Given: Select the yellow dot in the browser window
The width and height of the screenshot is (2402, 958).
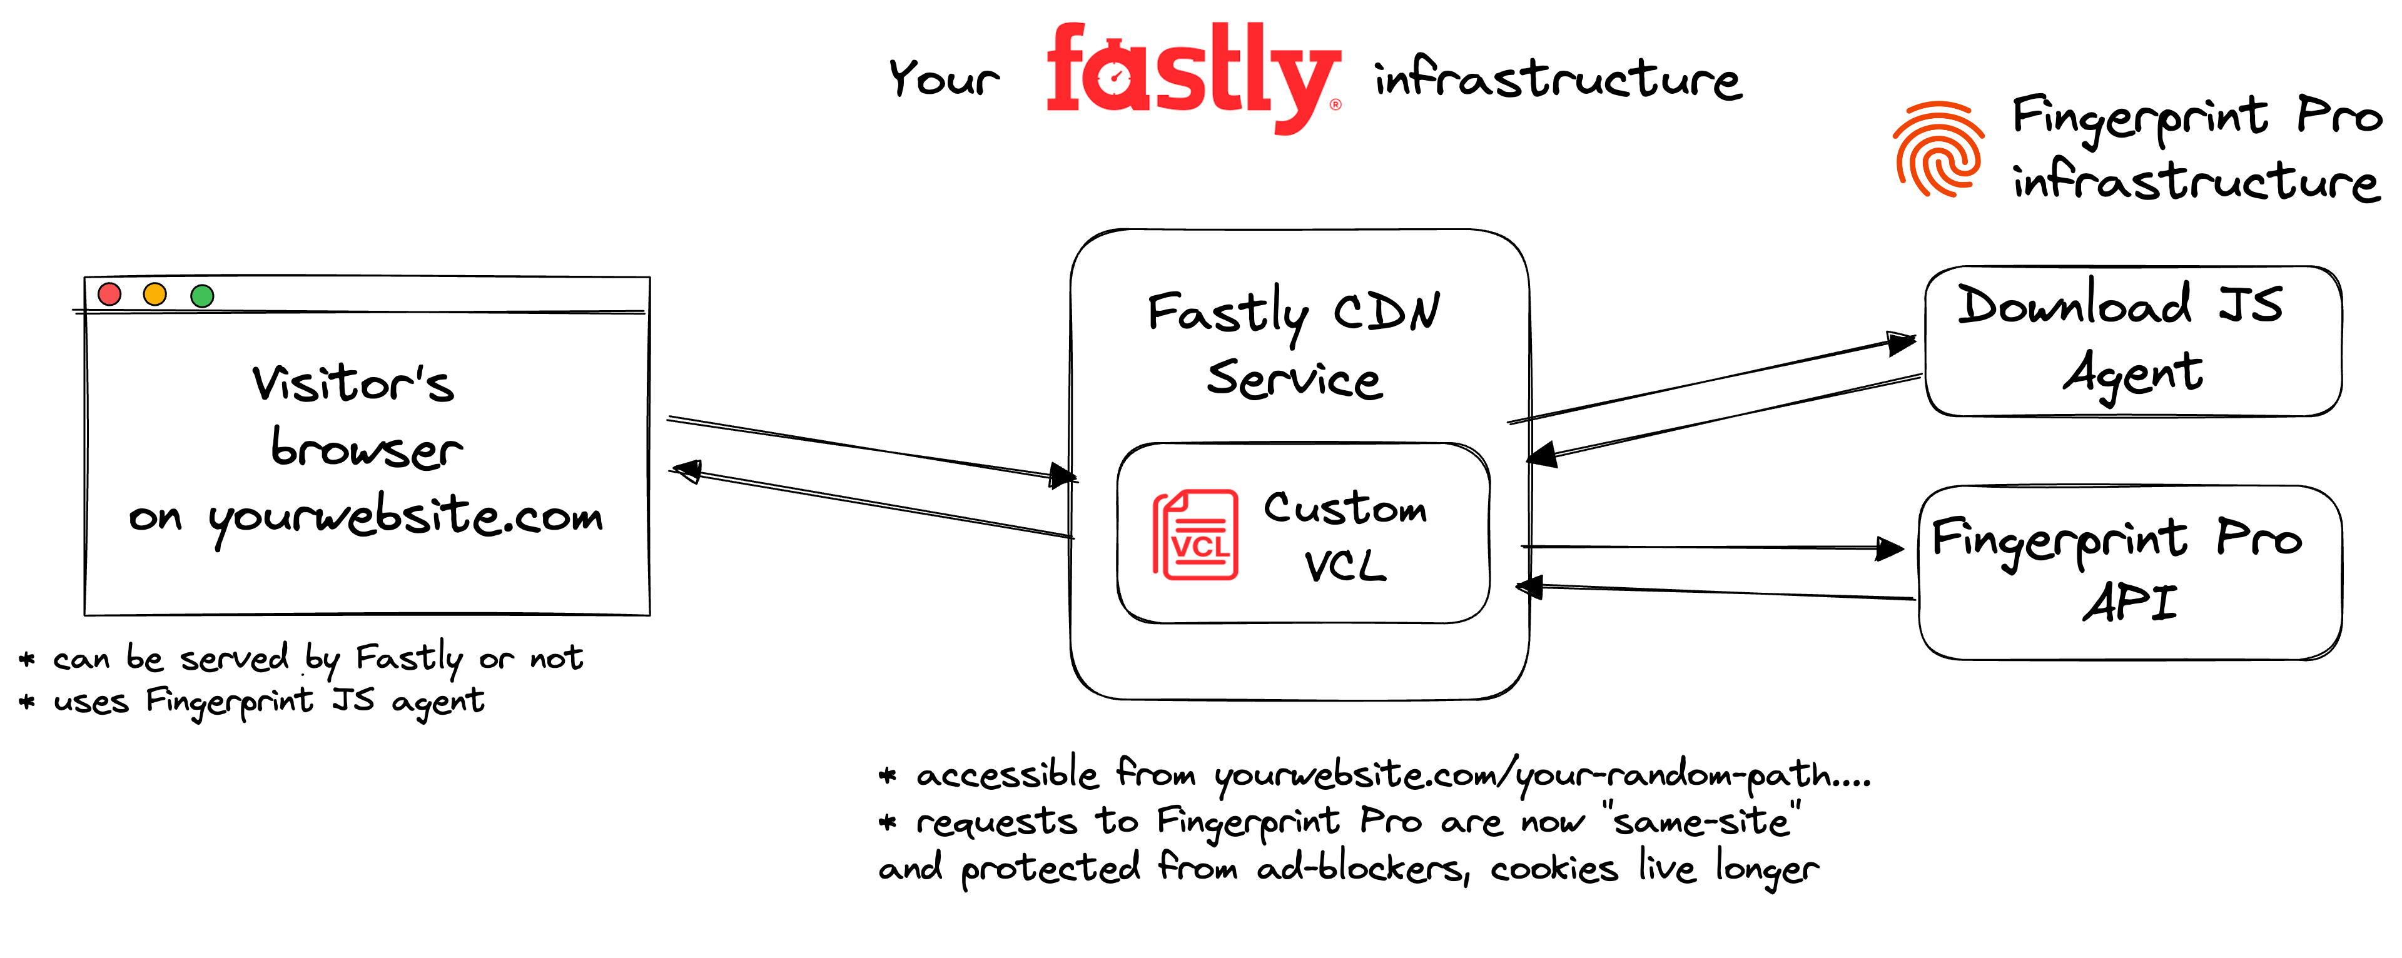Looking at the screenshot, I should click(x=155, y=295).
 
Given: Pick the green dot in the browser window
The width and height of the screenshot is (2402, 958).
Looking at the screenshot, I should click(x=202, y=295).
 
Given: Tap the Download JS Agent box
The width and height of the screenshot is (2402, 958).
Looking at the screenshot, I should click(x=2132, y=340).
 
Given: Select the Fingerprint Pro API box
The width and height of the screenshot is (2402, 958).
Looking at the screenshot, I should click(x=2130, y=572).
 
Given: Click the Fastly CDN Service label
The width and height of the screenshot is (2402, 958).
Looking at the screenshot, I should click(x=1294, y=345).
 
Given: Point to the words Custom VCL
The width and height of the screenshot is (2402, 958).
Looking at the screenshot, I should click(x=1345, y=536).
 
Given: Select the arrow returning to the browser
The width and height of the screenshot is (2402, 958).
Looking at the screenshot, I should click(x=872, y=503).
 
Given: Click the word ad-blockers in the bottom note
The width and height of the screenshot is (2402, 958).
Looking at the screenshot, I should click(x=1361, y=869).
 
